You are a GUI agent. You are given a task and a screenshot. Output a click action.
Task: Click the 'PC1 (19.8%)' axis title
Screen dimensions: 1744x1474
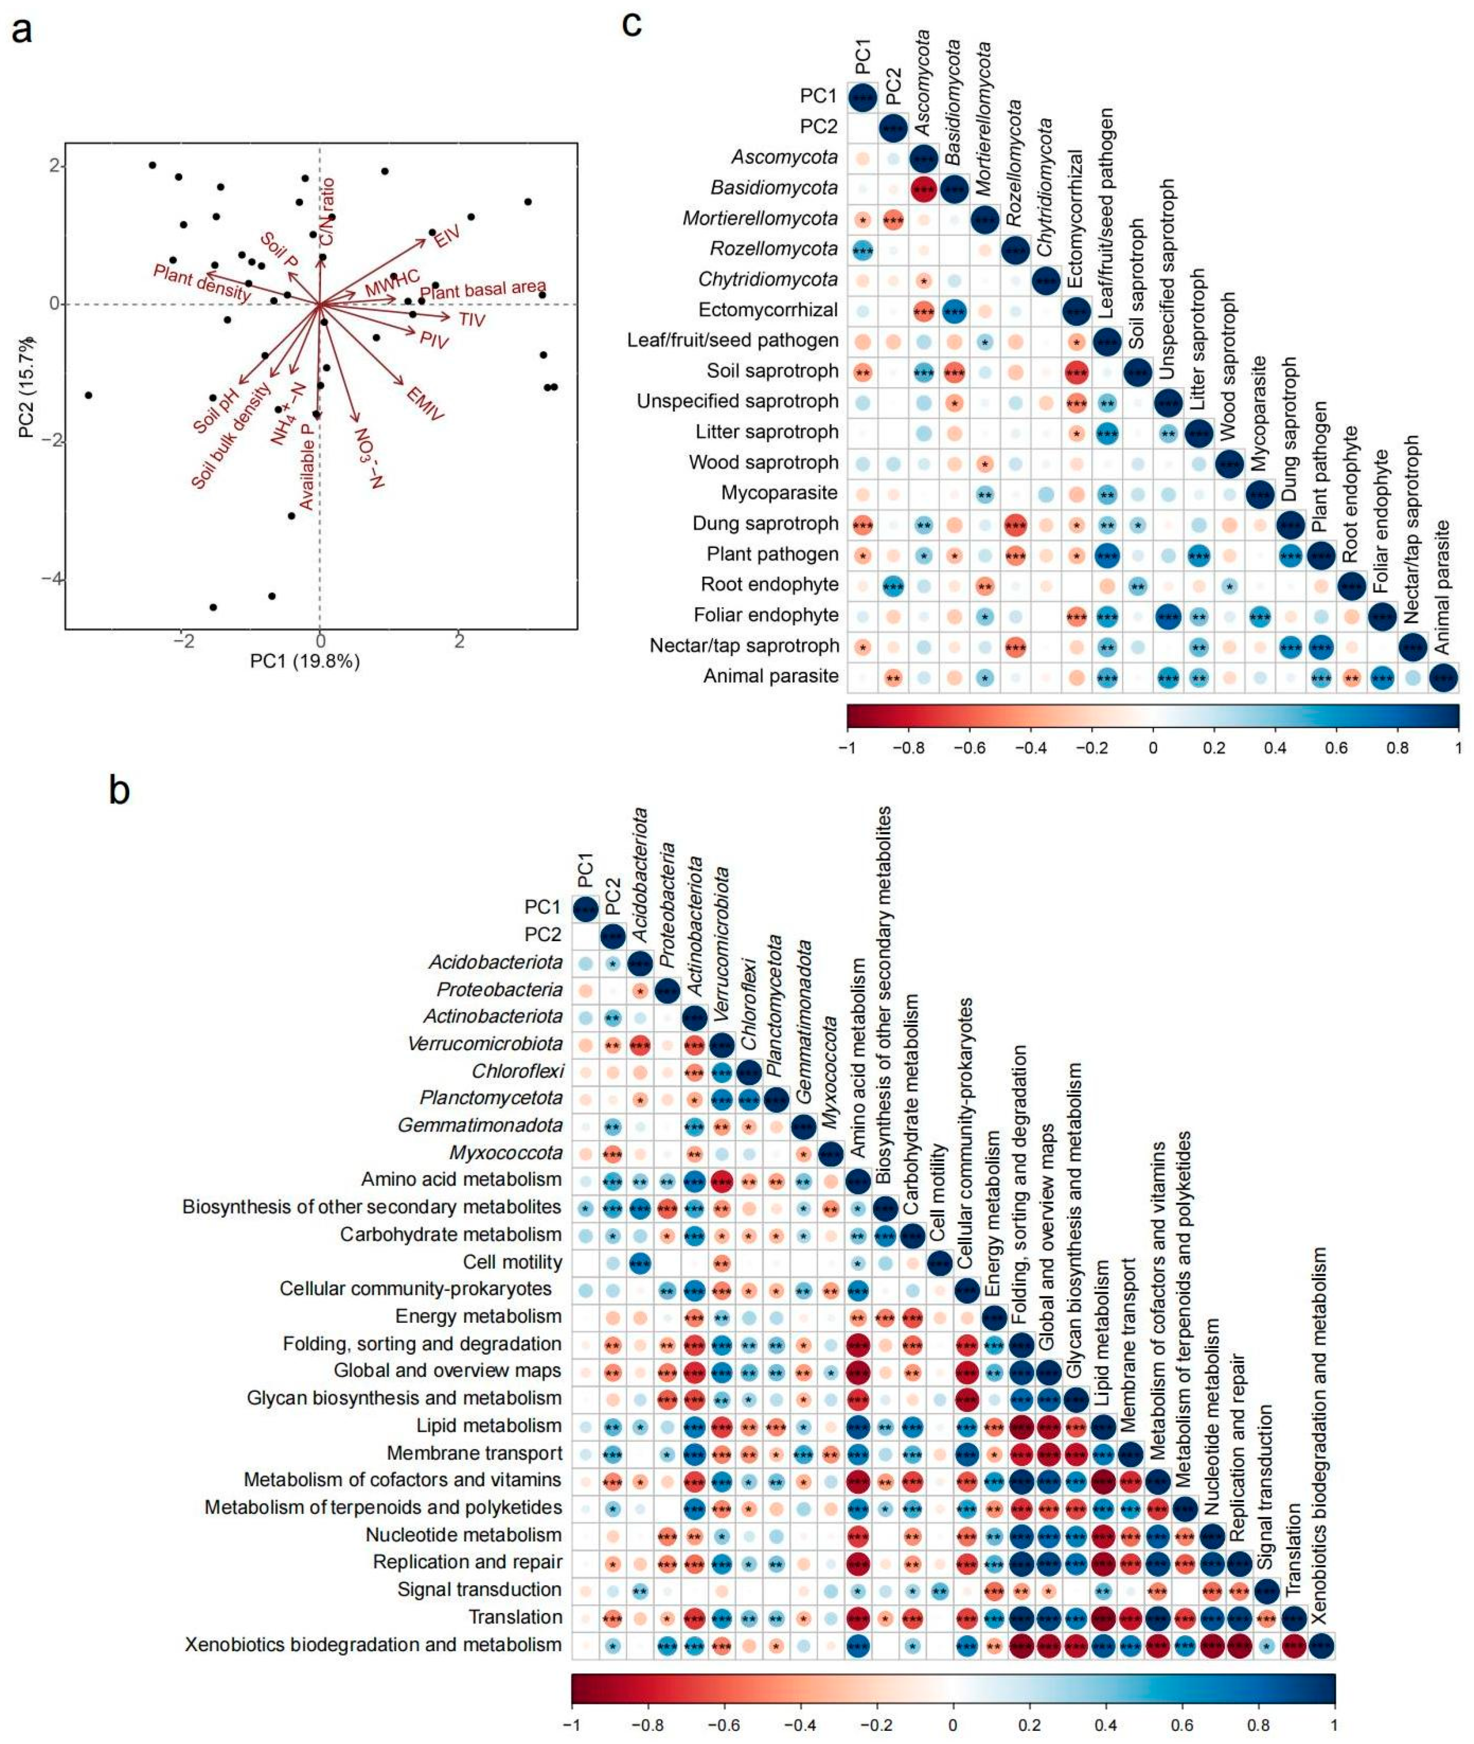(305, 661)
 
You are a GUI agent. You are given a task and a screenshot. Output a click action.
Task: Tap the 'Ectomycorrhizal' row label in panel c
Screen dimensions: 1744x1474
(768, 310)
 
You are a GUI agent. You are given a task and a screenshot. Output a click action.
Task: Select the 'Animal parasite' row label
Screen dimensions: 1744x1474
(771, 676)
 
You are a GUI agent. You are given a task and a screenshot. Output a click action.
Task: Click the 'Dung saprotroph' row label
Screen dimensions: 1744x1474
(765, 524)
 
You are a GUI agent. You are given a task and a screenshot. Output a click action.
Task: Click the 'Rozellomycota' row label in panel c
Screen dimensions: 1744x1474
(773, 249)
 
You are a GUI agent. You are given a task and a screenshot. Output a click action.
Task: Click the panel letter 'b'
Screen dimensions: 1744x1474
(119, 789)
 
